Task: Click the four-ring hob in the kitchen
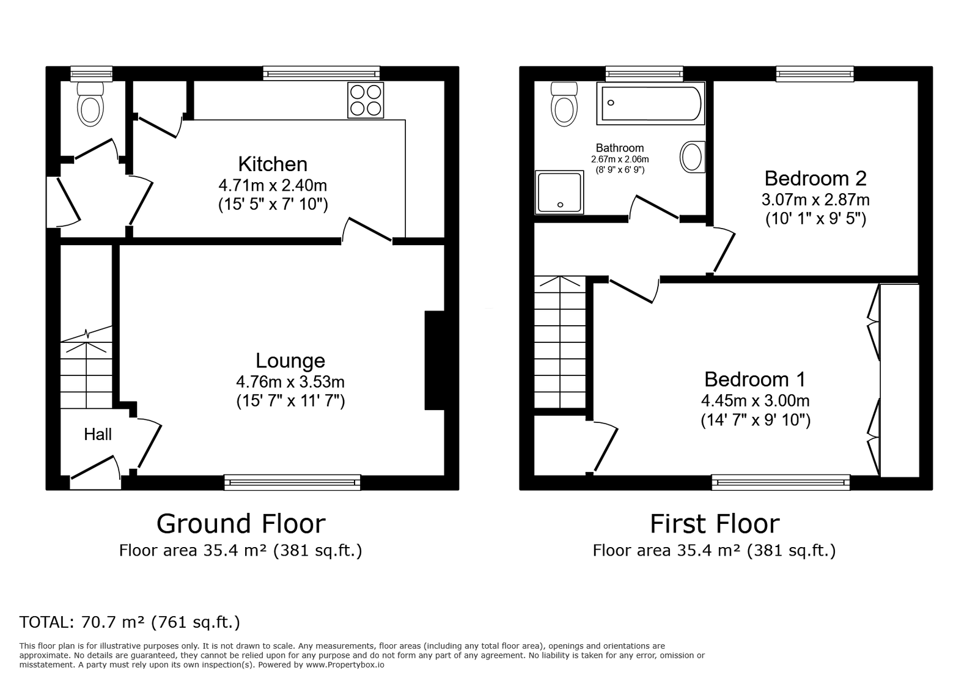point(366,100)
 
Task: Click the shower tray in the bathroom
point(559,193)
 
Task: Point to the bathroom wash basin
point(692,157)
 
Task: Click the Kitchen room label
point(273,164)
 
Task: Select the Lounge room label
point(290,361)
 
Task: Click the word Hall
point(98,435)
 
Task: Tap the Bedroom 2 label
point(815,178)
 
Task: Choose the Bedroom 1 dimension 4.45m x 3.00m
point(755,401)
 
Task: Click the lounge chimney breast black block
point(434,360)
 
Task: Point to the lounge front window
point(292,482)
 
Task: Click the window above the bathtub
point(644,73)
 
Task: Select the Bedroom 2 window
point(815,73)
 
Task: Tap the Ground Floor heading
point(241,524)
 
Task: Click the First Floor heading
point(714,524)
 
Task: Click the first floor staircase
point(559,342)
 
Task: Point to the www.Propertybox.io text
point(345,664)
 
